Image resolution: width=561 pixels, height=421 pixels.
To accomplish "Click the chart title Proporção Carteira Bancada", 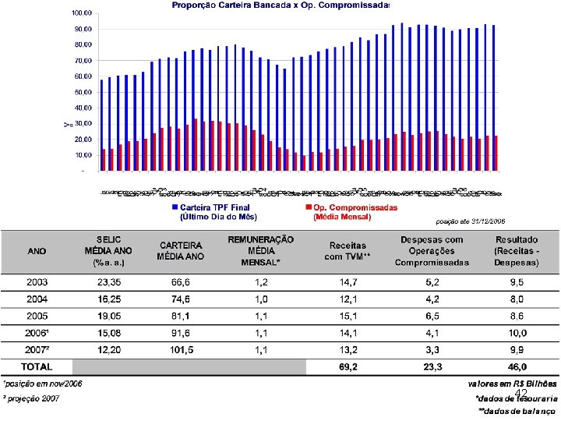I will pos(280,5).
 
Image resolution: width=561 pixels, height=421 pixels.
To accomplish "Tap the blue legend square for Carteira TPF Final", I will pos(175,208).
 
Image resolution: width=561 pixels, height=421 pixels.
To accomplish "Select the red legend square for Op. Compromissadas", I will pos(309,208).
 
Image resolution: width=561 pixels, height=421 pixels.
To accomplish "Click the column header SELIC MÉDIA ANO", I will pos(109,251).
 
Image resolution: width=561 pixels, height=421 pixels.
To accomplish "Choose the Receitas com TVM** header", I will pos(348,251).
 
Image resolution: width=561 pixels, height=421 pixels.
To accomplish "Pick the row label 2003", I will pos(37,281).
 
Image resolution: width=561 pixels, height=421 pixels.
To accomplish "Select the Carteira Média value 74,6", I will pos(180,299).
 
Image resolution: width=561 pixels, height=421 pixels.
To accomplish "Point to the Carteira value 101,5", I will pos(180,350).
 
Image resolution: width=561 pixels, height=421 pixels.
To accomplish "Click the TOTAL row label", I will pos(37,366).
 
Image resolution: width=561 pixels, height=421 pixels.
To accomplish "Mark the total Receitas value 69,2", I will pos(348,366).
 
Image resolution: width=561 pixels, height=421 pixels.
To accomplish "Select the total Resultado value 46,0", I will pos(517,366).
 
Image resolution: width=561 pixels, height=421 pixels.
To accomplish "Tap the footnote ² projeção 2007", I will pos(31,398).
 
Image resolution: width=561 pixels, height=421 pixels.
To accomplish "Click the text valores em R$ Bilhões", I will pos(512,384).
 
